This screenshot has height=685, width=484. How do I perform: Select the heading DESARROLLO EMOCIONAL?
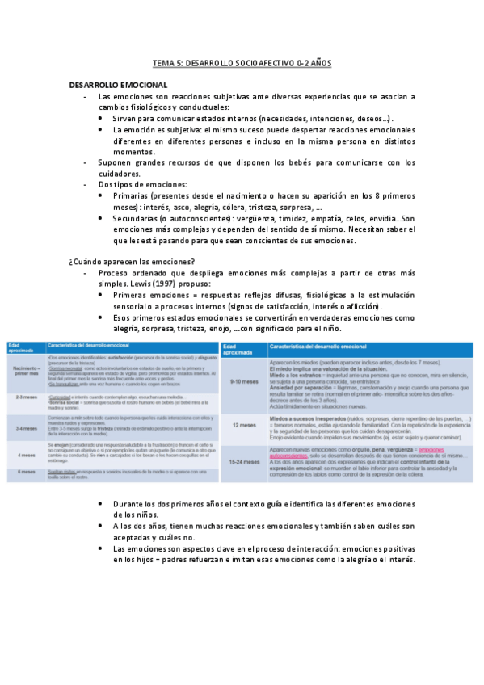[119, 85]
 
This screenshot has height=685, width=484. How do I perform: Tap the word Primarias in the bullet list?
[137, 195]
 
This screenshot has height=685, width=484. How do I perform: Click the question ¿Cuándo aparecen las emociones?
[132, 261]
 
